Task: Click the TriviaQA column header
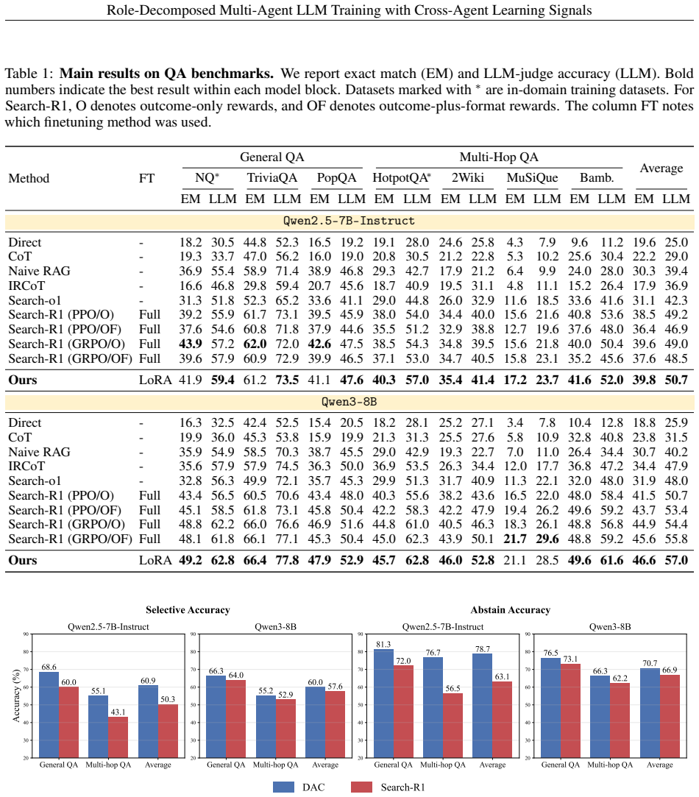[x=272, y=178]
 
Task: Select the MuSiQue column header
[x=532, y=178]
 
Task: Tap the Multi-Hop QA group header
[x=499, y=157]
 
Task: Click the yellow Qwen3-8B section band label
[x=349, y=402]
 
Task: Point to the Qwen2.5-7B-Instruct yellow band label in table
[x=349, y=221]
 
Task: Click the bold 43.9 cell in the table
[x=190, y=344]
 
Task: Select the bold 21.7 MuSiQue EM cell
[x=515, y=539]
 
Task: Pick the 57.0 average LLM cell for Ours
[x=676, y=561]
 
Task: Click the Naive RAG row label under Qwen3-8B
[x=39, y=453]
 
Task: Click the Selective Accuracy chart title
[x=188, y=610]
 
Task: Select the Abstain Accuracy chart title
[x=511, y=610]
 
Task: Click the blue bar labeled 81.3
[x=384, y=704]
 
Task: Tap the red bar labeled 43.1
[x=118, y=737]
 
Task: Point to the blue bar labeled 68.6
[x=49, y=715]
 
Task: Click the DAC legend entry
[x=299, y=787]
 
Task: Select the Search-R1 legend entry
[x=388, y=787]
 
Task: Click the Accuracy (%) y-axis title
[x=16, y=696]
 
